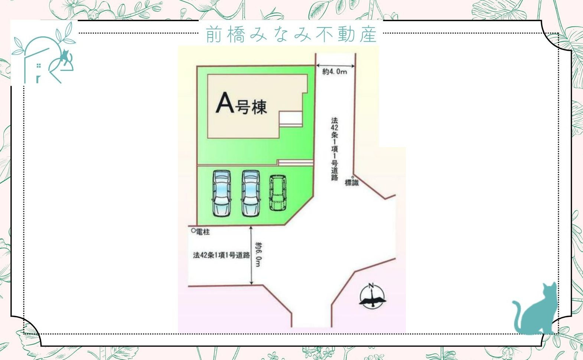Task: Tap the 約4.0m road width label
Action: coord(335,72)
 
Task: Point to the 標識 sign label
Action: coord(352,183)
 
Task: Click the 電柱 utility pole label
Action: coord(203,232)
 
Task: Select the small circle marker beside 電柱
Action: coord(193,230)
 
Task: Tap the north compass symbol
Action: coord(372,296)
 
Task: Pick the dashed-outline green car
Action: coord(278,193)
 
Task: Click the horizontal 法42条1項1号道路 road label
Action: coord(221,255)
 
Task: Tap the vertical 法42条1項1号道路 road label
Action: coord(335,149)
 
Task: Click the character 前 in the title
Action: coord(214,35)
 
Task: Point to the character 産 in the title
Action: coord(368,35)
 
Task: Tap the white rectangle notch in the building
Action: coord(290,119)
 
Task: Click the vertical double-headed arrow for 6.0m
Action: coord(251,255)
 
